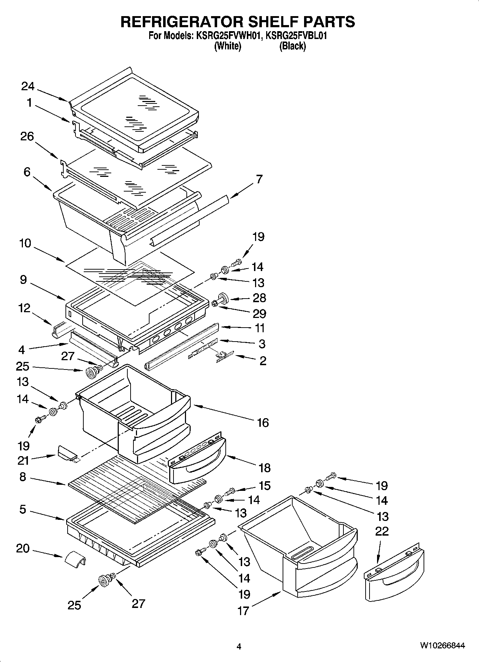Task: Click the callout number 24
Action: coord(28,86)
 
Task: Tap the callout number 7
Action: coord(259,179)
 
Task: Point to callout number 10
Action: coord(25,243)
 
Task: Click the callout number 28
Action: coord(259,298)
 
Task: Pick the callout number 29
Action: coord(259,314)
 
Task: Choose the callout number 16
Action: coord(263,422)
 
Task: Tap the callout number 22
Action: coord(382,531)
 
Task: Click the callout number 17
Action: coord(243,610)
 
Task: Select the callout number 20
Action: coord(23,548)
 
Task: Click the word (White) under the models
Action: coord(228,46)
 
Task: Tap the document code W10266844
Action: coord(442,646)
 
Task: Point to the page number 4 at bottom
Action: coord(239,646)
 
